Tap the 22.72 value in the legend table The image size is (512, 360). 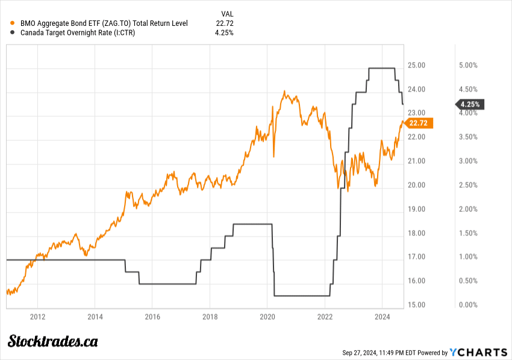coord(225,23)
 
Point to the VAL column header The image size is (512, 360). coord(228,13)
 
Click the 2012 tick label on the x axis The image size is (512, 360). coord(37,316)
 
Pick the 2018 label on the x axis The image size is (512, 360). coord(210,316)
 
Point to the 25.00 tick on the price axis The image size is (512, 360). coord(417,65)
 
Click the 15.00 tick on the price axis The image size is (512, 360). coord(417,305)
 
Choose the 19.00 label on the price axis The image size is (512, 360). coord(417,209)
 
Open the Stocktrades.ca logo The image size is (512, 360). coord(53,341)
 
